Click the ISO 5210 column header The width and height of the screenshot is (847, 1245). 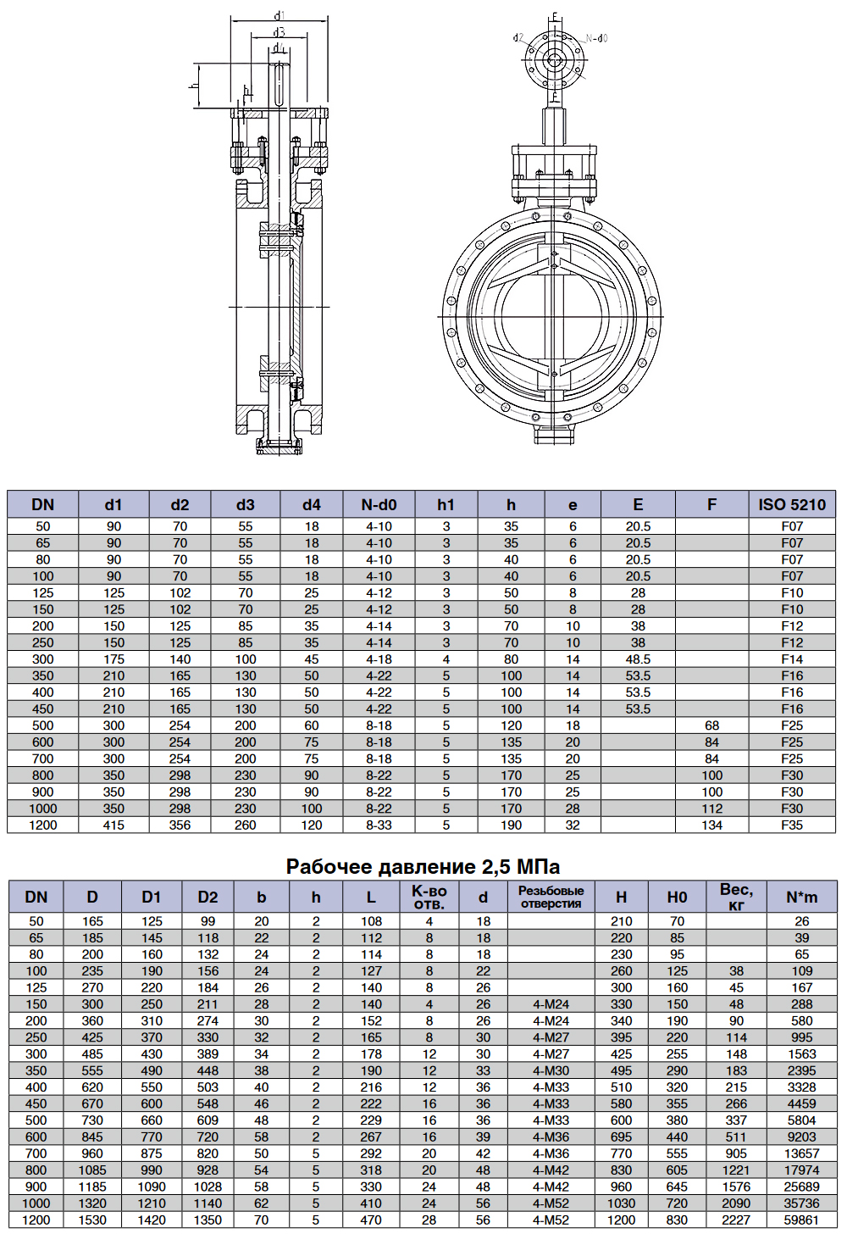(792, 504)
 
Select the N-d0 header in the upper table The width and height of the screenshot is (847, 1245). (379, 504)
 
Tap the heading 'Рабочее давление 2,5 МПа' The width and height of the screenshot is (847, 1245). (423, 866)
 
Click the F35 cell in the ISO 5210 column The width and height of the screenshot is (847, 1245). (792, 825)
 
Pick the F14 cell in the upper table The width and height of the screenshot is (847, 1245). (792, 659)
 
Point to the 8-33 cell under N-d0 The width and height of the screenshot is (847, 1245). (379, 825)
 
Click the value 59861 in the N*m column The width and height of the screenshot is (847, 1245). (801, 1220)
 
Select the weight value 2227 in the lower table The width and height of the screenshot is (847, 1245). (736, 1220)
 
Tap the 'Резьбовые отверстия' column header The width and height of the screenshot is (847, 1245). (551, 897)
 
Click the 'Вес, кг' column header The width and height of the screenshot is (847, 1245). (736, 897)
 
